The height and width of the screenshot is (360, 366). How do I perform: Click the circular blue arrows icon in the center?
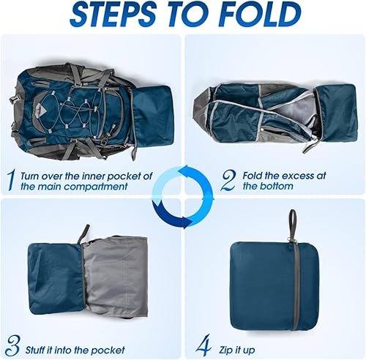point(182,196)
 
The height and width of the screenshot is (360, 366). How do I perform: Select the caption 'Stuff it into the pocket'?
point(72,348)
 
